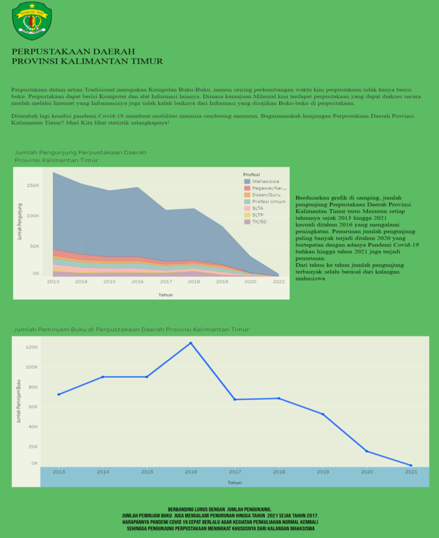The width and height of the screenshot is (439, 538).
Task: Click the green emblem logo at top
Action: [x=31, y=20]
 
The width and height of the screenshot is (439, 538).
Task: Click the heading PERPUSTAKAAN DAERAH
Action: [x=74, y=51]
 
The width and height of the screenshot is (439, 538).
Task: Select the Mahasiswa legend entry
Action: [x=266, y=182]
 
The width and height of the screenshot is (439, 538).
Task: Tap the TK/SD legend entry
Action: [x=260, y=221]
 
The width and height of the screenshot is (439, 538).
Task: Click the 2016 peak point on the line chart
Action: [x=190, y=343]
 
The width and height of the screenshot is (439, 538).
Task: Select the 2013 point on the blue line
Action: [x=58, y=394]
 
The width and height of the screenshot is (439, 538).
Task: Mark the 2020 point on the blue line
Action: [x=367, y=451]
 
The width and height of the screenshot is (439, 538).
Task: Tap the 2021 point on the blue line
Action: [x=411, y=465]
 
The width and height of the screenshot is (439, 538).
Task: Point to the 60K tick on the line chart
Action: [x=32, y=406]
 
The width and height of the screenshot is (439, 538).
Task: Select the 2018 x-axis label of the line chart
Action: [x=278, y=473]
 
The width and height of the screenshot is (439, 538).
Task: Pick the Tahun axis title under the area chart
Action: [x=165, y=295]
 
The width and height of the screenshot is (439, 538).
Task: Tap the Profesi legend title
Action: [x=251, y=174]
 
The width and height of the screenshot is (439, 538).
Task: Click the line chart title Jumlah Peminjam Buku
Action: [x=132, y=330]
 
